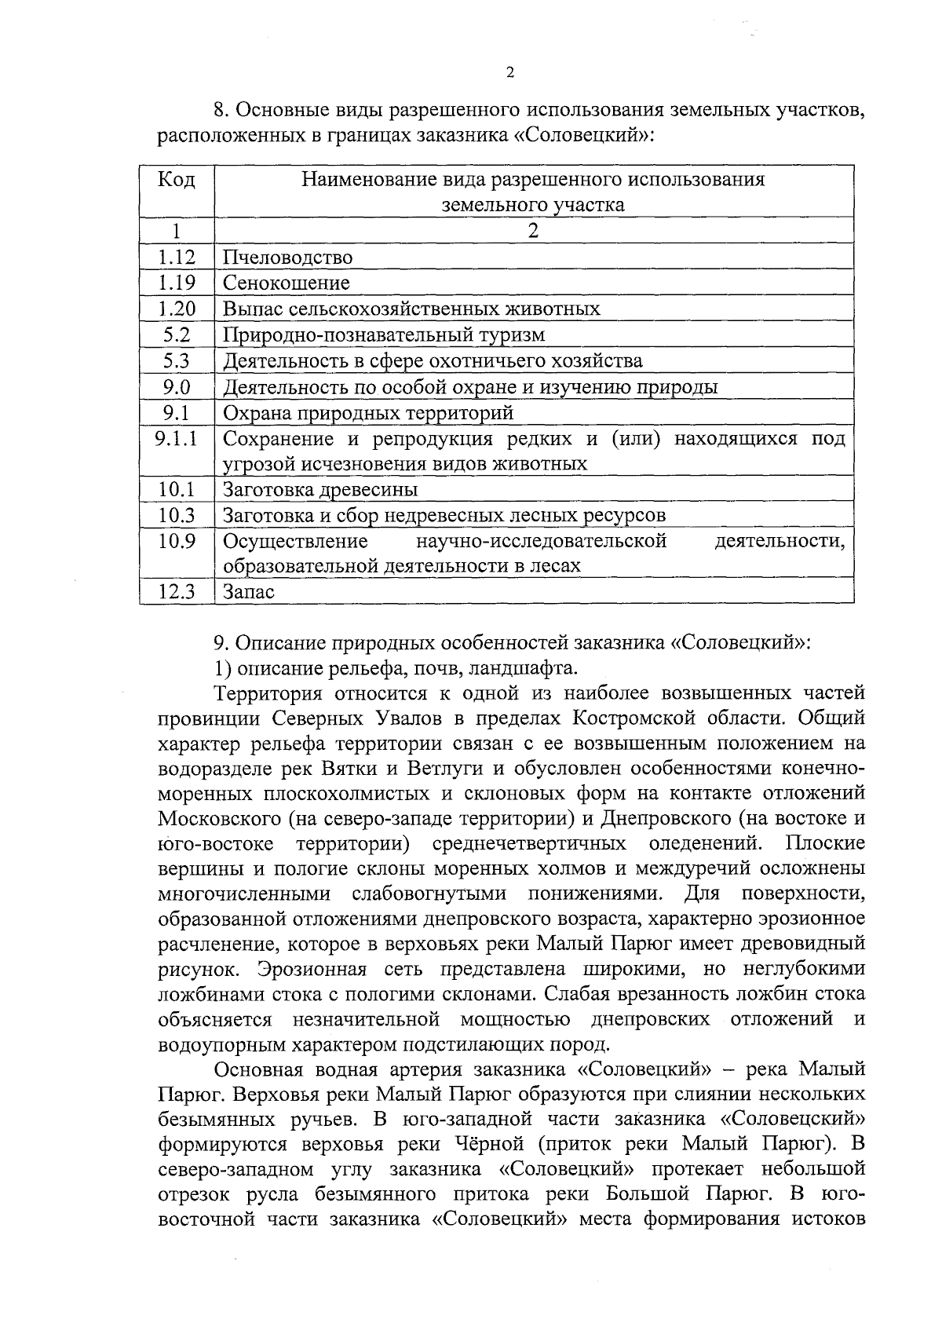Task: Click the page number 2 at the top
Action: pyautogui.click(x=510, y=73)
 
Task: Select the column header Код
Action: pyautogui.click(x=177, y=180)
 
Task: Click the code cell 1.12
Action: pyautogui.click(x=177, y=257)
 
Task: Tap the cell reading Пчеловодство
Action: pyautogui.click(x=287, y=257)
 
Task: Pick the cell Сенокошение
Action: pyautogui.click(x=287, y=283)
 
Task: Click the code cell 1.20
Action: pyautogui.click(x=177, y=309)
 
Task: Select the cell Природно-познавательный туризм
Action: pyautogui.click(x=384, y=334)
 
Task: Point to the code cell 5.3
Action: pyautogui.click(x=177, y=360)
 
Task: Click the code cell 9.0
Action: pyautogui.click(x=177, y=386)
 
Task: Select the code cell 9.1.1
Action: pyautogui.click(x=177, y=438)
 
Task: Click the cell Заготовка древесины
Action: pyautogui.click(x=320, y=489)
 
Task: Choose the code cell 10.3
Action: pyautogui.click(x=177, y=515)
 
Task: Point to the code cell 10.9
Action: pyautogui.click(x=177, y=541)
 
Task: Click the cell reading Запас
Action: pyautogui.click(x=249, y=591)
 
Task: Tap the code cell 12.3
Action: pyautogui.click(x=177, y=591)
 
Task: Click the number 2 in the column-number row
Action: pyautogui.click(x=534, y=231)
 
